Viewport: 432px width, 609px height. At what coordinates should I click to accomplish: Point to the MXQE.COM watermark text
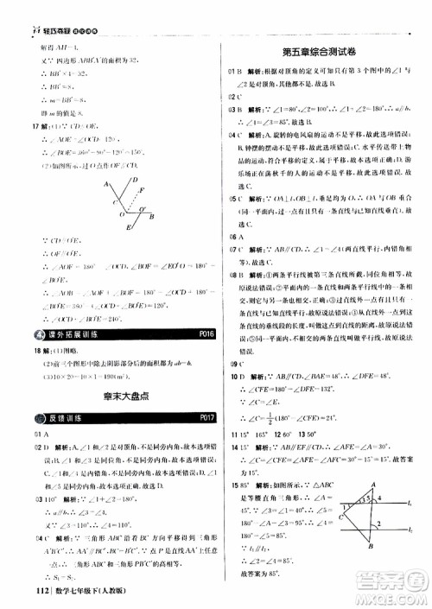393,597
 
